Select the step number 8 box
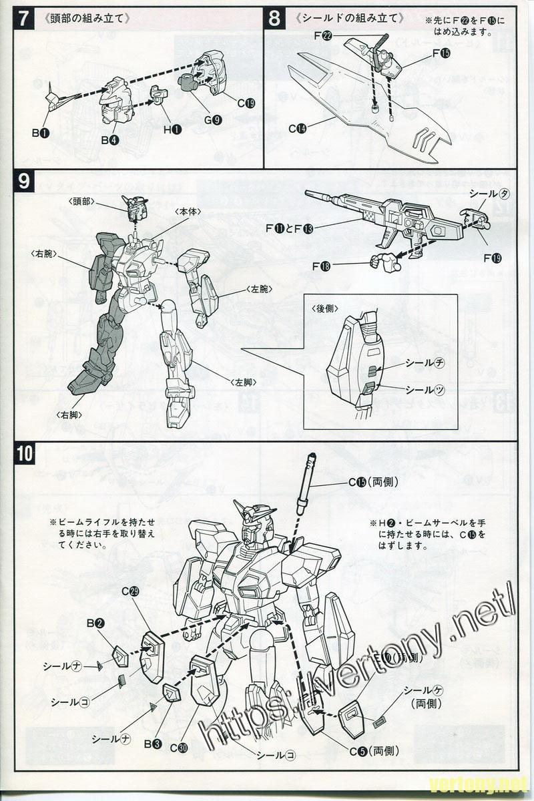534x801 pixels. [x=274, y=19]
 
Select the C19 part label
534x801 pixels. [x=246, y=103]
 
